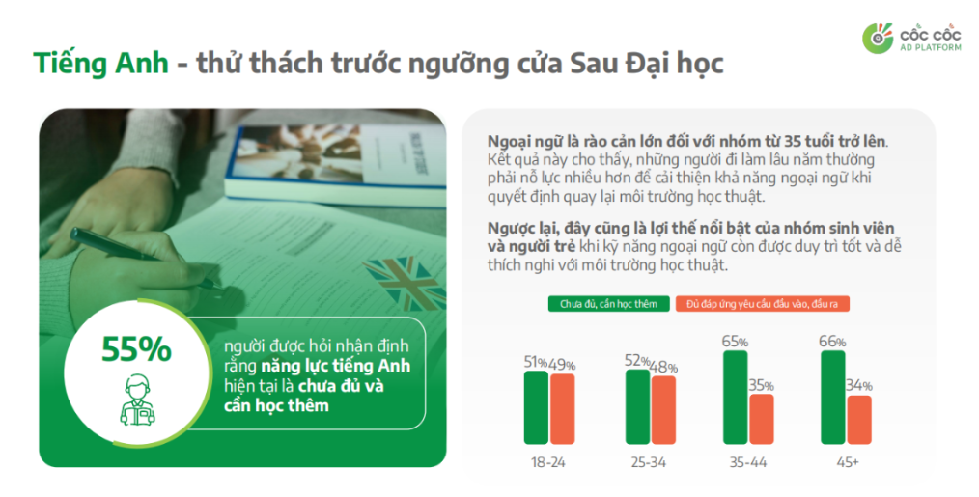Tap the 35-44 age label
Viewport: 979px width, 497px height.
(747, 462)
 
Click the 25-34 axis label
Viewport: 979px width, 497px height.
(649, 462)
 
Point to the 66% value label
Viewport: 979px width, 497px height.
(833, 342)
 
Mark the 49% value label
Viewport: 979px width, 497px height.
(562, 365)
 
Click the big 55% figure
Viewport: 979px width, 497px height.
(137, 348)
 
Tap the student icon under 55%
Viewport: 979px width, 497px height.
(137, 398)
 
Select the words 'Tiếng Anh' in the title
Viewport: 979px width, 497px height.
(100, 64)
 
